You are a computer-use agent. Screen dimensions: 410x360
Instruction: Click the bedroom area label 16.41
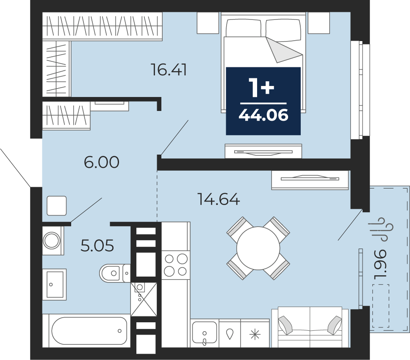[169, 70]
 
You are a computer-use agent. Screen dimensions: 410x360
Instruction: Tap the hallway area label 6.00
[102, 162]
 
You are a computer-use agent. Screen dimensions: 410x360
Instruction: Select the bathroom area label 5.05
[97, 246]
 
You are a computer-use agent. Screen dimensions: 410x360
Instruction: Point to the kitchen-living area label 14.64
[219, 199]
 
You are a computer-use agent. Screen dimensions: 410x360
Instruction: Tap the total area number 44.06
[263, 115]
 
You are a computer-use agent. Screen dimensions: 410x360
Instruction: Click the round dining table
[258, 248]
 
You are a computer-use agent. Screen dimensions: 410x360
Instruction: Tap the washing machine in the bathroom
[53, 241]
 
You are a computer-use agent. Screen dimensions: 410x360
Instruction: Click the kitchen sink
[205, 333]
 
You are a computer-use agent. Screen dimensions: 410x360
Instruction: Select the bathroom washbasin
[55, 285]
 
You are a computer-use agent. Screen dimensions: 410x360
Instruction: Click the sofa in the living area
[310, 327]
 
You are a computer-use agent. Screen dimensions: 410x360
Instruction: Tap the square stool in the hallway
[56, 206]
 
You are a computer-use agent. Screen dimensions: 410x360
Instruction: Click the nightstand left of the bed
[208, 23]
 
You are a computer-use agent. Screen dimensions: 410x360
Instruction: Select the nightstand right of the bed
[319, 23]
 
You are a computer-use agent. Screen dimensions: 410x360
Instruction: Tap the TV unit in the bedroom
[263, 151]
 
